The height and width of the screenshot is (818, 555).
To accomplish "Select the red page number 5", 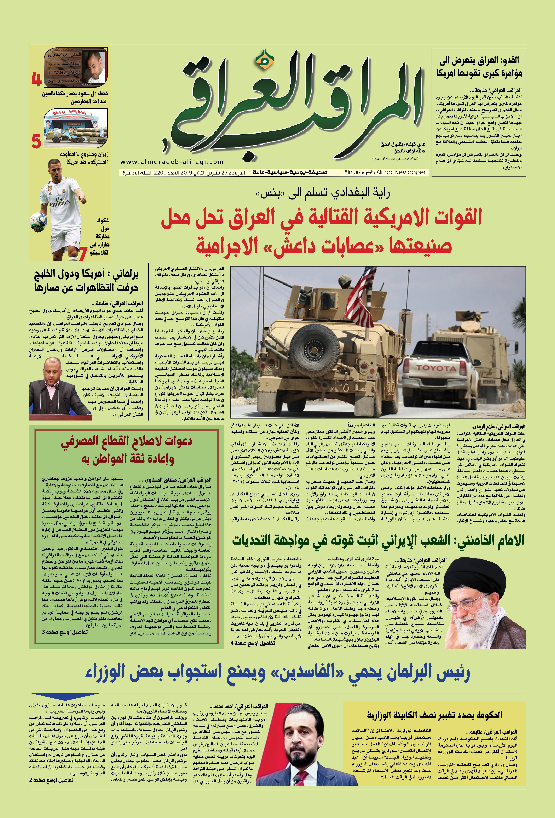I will click(36, 141).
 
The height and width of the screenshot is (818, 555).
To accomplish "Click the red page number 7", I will click(83, 253).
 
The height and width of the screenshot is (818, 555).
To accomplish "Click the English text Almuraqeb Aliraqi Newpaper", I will click(385, 173).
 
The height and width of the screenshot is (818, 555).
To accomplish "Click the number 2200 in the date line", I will click(159, 173).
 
